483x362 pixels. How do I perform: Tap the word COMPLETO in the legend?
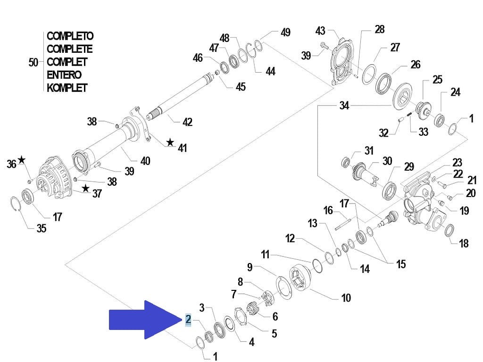point(70,36)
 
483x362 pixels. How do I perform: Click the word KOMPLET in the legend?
point(67,88)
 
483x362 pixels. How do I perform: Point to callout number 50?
point(33,62)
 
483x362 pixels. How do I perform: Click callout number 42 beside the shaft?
point(187,122)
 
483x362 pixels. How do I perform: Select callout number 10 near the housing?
point(346,298)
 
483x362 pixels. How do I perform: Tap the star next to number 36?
point(22,160)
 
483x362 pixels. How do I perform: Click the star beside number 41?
point(170,142)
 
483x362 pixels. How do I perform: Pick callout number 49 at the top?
point(285,33)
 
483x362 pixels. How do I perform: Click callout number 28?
point(379,29)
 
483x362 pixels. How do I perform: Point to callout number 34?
point(344,106)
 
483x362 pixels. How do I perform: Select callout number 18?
point(464,243)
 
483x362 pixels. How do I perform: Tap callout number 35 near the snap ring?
point(42,229)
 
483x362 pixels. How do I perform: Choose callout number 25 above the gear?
point(437,79)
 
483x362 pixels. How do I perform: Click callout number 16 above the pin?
point(328,210)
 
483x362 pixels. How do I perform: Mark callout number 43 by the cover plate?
point(320,31)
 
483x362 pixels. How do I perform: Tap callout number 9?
point(250,267)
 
